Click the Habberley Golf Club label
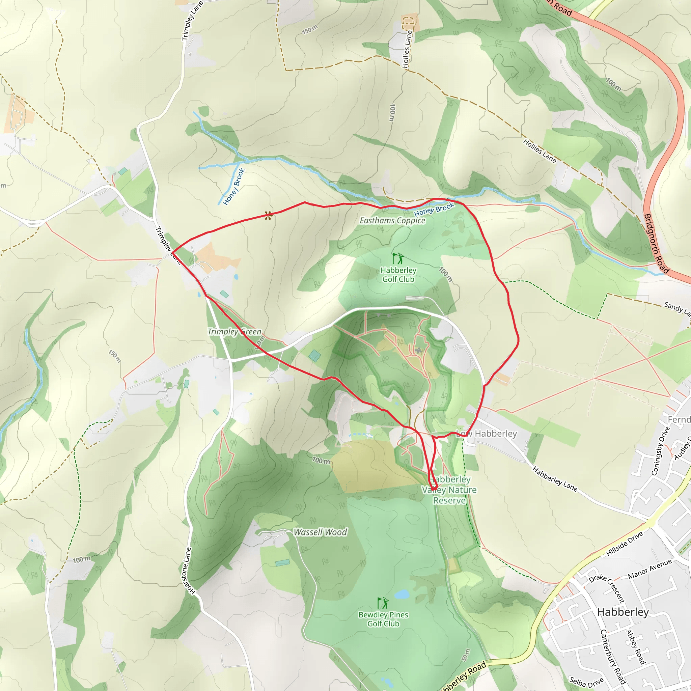398,275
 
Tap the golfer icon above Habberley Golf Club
398,258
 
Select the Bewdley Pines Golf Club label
383,619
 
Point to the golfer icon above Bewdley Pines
383,603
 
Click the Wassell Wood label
320,532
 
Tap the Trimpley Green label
234,332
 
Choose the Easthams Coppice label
392,221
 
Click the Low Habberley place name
487,434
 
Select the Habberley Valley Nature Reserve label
449,490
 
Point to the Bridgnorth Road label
656,243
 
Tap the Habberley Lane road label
555,479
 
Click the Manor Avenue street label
650,569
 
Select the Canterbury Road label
613,656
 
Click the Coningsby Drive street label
660,451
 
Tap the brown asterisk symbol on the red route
268,215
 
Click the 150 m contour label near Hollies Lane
310,30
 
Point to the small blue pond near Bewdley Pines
402,595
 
